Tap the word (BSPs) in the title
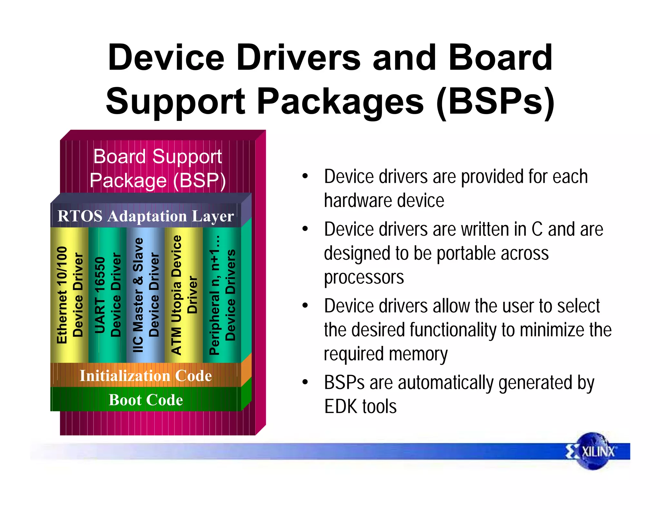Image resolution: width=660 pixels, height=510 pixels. pos(495,102)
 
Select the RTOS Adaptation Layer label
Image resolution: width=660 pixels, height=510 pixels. pos(146,216)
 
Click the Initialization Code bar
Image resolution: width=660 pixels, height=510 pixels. pos(146,376)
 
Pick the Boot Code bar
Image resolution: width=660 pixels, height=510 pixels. pos(146,400)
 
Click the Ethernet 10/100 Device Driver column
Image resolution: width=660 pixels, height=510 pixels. pos(69,295)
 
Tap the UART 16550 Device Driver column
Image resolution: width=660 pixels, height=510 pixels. pos(107,295)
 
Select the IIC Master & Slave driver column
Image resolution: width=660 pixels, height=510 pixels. pos(146,295)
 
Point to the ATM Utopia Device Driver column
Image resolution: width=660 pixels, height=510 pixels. pos(184,295)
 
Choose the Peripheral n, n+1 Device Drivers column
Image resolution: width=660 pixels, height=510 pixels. pos(222,295)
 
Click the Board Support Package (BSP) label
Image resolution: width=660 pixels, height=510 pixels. pos(158,168)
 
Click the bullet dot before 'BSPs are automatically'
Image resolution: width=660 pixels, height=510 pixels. pos(305,382)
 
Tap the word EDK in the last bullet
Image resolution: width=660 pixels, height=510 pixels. pos(341,407)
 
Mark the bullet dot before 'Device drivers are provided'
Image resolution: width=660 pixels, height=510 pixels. pos(305,177)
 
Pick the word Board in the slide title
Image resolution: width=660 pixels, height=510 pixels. pos(500,58)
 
